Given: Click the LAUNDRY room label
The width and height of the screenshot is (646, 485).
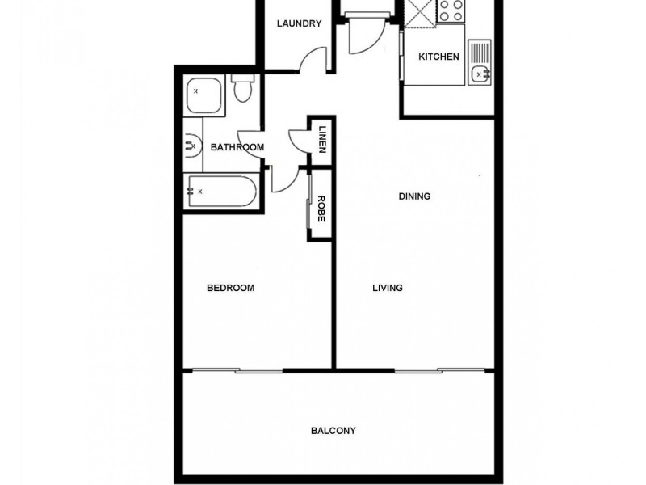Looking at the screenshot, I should click(x=299, y=23).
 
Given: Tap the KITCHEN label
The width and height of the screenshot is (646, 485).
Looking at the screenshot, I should click(x=438, y=57).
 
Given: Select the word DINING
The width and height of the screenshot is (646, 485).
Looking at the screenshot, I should click(x=414, y=196).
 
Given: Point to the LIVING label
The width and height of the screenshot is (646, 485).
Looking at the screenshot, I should click(x=388, y=288).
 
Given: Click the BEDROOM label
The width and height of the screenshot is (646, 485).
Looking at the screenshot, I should click(x=231, y=288).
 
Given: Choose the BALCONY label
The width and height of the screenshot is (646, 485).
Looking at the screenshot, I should click(x=333, y=431).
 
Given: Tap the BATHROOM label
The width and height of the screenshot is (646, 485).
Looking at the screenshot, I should click(x=237, y=147).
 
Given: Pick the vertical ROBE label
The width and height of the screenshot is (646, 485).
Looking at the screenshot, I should click(x=321, y=209).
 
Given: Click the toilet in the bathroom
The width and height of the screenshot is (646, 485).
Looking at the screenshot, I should click(x=242, y=89).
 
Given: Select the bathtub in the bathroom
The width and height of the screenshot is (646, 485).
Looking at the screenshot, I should click(x=220, y=192).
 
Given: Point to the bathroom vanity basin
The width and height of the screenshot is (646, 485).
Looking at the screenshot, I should click(x=192, y=146).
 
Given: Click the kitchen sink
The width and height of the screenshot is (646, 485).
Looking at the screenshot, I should click(x=480, y=63).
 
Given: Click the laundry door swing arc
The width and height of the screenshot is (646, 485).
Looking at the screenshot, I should click(x=315, y=61).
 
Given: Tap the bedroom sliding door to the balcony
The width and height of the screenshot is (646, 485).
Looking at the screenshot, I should click(x=238, y=371).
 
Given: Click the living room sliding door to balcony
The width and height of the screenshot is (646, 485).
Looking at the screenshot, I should click(x=440, y=371).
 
